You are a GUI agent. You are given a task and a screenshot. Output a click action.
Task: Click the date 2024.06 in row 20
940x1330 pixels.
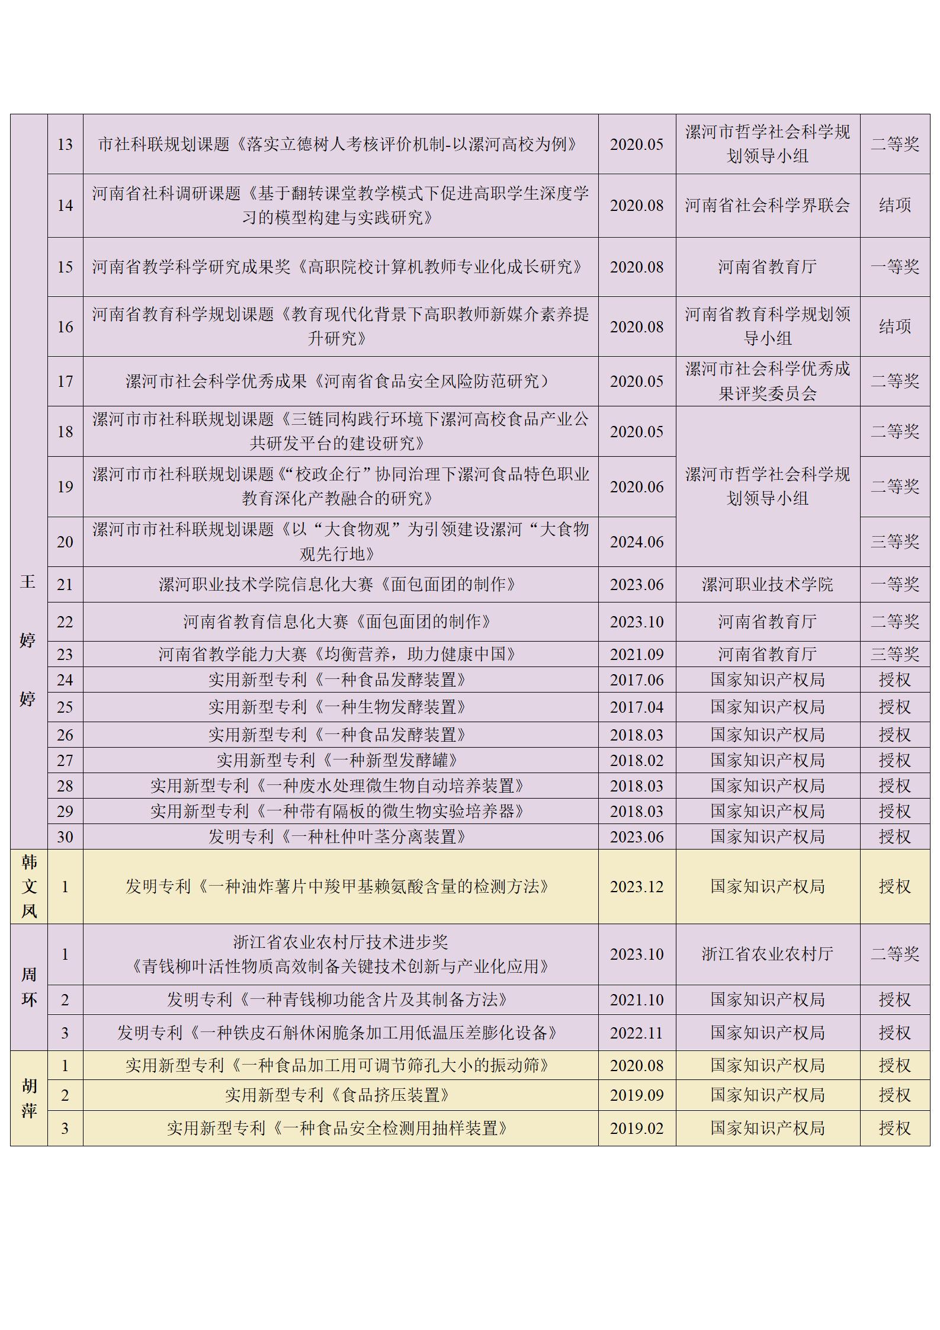637,541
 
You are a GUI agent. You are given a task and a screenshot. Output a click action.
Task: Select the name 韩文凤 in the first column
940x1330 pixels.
29,886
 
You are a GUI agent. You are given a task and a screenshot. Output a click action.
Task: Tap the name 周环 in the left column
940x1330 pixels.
29,987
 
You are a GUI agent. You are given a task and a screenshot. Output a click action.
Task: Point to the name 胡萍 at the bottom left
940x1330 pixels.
29,1098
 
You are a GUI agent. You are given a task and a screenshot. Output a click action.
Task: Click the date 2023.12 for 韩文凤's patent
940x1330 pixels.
637,886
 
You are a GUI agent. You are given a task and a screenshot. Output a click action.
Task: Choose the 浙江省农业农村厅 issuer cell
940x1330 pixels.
767,954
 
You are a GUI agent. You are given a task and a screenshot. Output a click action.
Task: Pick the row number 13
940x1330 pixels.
65,144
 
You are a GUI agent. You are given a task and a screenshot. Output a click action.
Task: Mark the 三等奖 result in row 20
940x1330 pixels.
894,541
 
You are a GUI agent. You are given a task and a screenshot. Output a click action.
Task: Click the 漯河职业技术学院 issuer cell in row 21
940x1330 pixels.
767,585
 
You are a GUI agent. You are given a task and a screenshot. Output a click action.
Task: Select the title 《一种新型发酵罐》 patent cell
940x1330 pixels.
337,760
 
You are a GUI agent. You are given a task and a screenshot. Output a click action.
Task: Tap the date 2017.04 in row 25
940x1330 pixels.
637,707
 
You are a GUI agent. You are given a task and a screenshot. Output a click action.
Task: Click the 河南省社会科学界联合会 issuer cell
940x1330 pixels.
767,206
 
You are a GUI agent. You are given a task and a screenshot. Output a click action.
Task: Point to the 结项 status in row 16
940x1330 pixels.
894,326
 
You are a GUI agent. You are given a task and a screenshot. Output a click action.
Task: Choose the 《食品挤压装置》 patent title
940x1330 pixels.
337,1095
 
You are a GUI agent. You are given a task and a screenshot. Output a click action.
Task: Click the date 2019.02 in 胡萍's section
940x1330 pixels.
637,1128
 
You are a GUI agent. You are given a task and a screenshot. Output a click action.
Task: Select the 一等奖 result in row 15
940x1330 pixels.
894,267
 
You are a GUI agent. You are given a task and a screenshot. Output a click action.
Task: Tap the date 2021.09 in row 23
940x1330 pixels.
637,654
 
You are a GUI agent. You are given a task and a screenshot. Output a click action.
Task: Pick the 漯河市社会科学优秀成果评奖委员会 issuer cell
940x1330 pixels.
767,381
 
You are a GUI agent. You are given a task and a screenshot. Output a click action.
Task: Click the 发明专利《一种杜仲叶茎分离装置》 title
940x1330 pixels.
337,837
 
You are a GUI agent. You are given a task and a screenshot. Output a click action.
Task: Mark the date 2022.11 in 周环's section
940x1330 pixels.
637,1033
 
